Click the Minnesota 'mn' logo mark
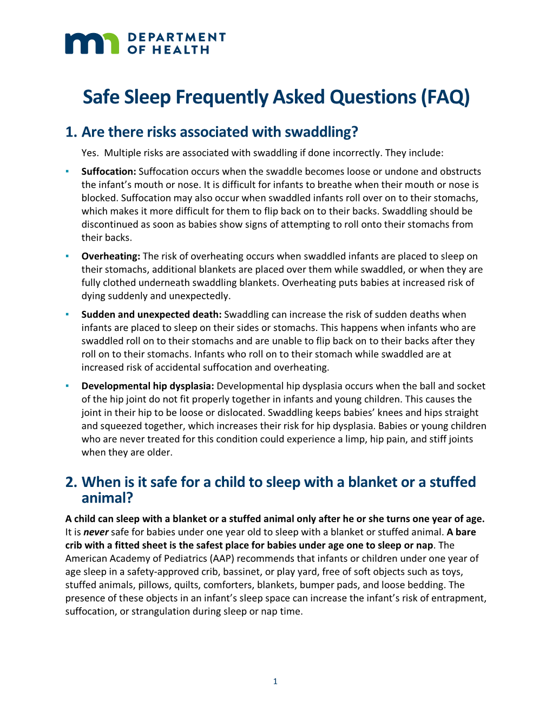coord(91,43)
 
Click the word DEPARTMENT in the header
coord(176,37)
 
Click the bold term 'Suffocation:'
coord(109,172)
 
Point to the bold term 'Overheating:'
coord(111,256)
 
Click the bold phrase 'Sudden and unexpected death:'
coord(152,315)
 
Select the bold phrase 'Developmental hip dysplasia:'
coord(148,386)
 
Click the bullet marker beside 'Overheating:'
coord(67,256)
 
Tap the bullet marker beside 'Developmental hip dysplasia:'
coord(67,386)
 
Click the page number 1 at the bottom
coord(275,681)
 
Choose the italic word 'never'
coord(96,532)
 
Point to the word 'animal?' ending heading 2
coord(107,498)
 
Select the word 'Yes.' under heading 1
coord(90,153)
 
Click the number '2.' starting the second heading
coord(71,482)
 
